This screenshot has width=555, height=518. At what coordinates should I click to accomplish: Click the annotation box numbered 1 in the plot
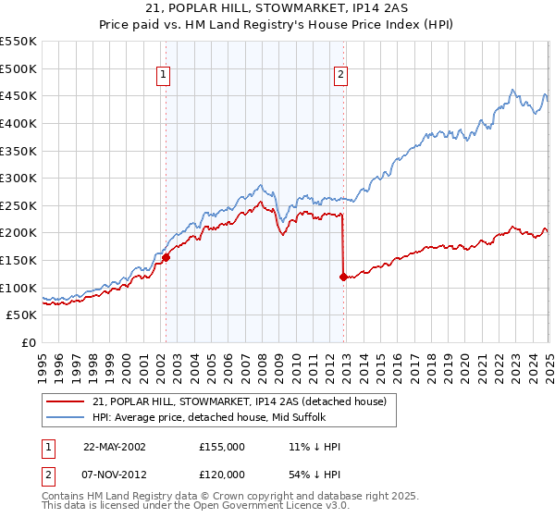point(163,76)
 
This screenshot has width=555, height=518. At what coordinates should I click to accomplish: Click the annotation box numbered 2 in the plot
point(340,76)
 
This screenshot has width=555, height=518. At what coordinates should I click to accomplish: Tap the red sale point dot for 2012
point(343,277)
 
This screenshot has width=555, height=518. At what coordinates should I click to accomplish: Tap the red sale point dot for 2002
point(166,258)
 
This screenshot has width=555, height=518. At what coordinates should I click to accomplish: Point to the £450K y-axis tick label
point(18,95)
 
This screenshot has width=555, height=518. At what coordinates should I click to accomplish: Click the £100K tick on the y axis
point(18,288)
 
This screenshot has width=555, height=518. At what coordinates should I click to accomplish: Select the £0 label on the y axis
point(29,342)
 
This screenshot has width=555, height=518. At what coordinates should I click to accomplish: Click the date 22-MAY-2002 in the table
point(115,447)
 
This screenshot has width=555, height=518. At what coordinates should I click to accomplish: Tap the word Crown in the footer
point(248,497)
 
